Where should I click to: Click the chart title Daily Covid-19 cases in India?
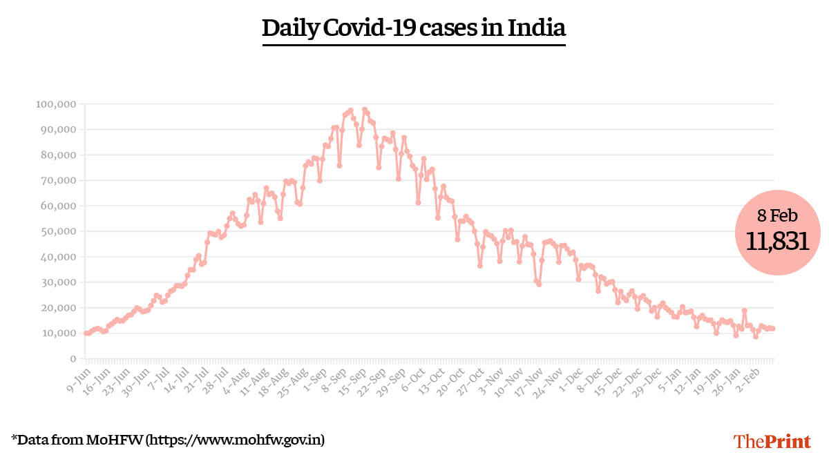click(414, 28)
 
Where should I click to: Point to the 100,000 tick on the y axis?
click(55, 104)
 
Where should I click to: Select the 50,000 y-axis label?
click(57, 231)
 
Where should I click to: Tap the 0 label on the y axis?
click(72, 359)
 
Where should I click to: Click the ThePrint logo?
click(772, 441)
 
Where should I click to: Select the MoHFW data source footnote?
click(168, 439)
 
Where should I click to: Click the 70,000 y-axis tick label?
click(57, 180)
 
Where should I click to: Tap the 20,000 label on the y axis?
click(57, 308)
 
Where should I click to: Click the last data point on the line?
click(772, 329)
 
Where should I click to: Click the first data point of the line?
click(86, 333)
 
